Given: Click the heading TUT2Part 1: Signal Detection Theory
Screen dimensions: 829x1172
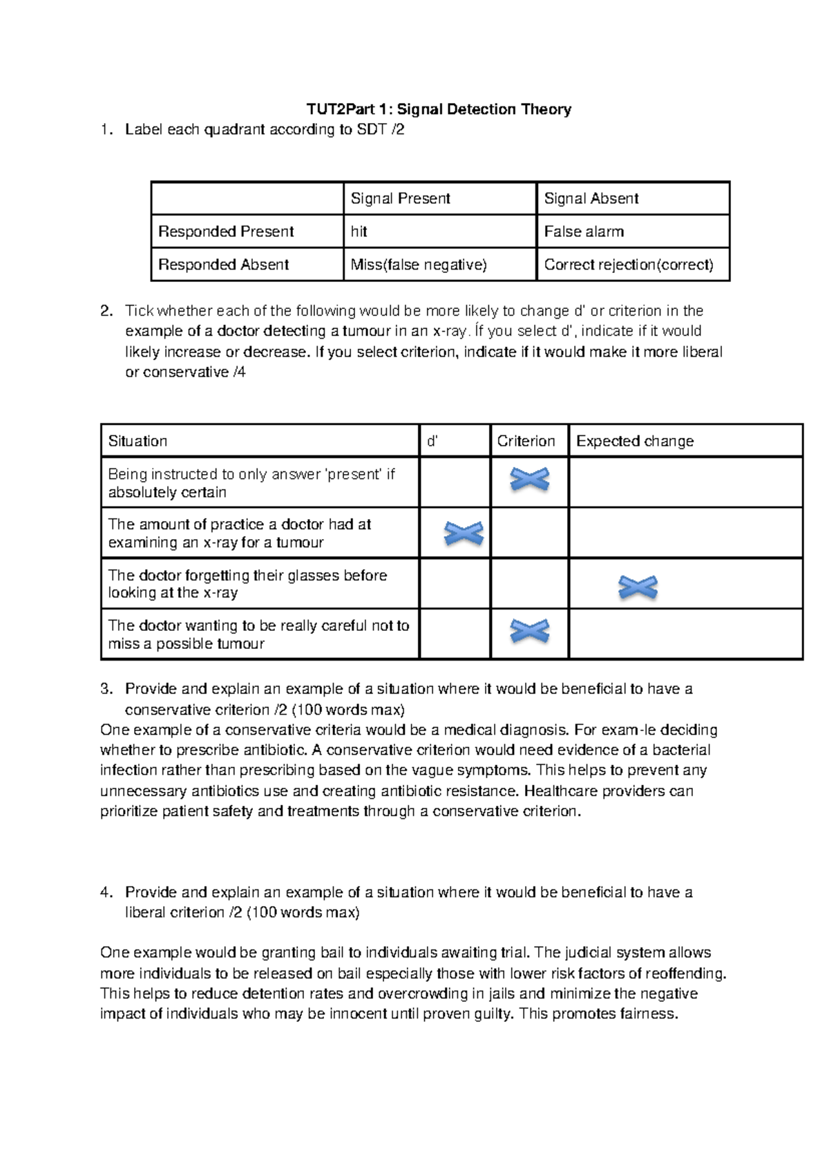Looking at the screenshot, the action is (x=439, y=109).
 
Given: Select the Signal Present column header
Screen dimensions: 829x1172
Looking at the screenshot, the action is (x=400, y=199).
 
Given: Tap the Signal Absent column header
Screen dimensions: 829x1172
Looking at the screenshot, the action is (x=591, y=199).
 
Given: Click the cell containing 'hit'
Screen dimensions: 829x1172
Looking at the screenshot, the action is (x=359, y=231).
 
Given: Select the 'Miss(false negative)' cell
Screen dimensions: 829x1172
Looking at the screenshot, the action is (x=419, y=265).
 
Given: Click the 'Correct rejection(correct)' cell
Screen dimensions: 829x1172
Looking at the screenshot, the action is (x=629, y=265).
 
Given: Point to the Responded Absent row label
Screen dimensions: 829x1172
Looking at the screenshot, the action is (x=223, y=265).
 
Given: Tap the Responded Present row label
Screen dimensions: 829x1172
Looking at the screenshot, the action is (x=226, y=231).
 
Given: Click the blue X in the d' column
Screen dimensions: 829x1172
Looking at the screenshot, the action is (x=464, y=533).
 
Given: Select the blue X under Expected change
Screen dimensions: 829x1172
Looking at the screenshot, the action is (x=638, y=587).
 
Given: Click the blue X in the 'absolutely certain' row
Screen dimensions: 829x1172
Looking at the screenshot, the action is (x=529, y=479).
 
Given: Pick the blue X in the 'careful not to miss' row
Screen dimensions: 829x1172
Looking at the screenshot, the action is (x=529, y=631).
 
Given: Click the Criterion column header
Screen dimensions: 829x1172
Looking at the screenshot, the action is (x=526, y=441).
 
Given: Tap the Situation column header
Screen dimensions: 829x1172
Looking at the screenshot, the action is (x=137, y=441).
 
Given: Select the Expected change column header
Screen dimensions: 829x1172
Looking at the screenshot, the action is (x=634, y=441).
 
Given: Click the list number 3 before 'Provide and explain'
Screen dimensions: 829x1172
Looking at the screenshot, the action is (x=105, y=689).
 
